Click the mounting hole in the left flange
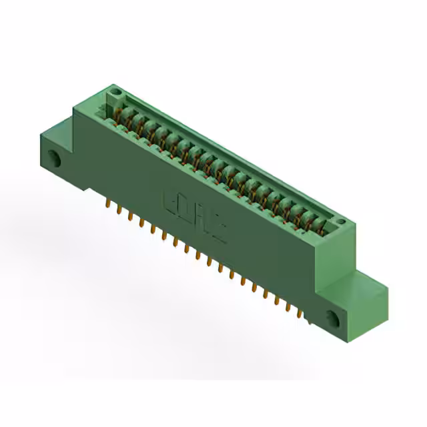click(54, 159)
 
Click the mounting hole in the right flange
click(333, 318)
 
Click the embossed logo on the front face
click(194, 217)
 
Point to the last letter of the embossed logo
click(219, 231)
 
